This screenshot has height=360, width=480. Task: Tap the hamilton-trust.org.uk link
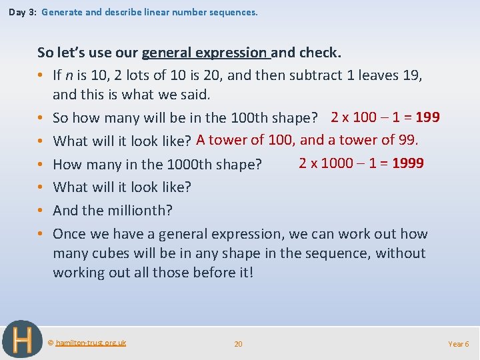pyautogui.click(x=90, y=343)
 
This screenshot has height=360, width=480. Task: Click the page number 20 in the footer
pyautogui.click(x=238, y=344)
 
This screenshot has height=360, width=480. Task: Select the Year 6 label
pyautogui.click(x=458, y=344)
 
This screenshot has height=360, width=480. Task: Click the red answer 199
pyautogui.click(x=427, y=117)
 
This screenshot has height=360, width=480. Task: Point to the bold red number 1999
pyautogui.click(x=407, y=163)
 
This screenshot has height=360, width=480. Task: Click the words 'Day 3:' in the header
pyautogui.click(x=22, y=12)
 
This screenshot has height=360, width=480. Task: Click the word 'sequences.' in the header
pyautogui.click(x=236, y=12)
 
